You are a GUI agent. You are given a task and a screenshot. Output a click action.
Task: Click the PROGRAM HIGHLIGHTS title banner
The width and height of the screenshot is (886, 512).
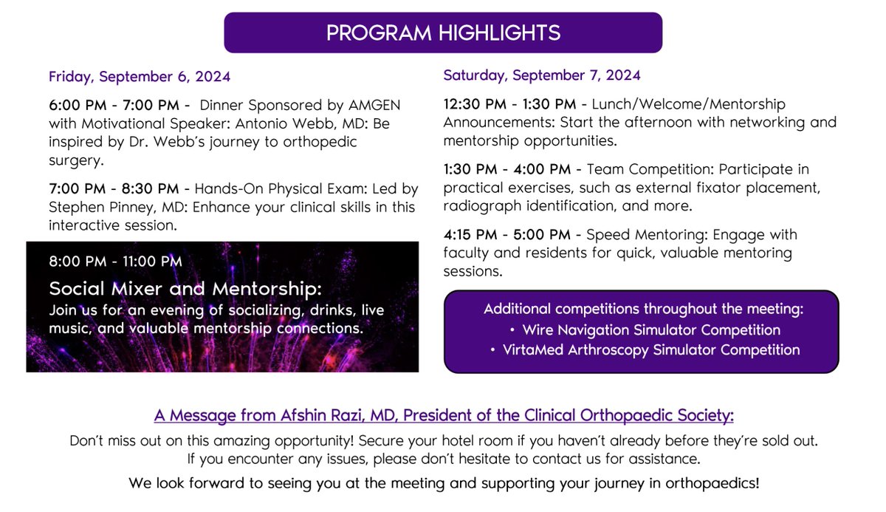[x=443, y=33]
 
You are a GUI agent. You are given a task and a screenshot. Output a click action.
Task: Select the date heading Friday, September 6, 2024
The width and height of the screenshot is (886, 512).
[x=140, y=77]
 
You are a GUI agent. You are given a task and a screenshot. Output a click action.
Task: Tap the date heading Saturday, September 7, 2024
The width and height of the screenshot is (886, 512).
[x=542, y=75]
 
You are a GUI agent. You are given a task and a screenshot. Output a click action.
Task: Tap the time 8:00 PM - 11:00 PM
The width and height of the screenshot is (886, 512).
[x=115, y=261]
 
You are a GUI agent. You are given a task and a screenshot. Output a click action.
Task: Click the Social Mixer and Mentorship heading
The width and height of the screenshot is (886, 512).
[x=185, y=287]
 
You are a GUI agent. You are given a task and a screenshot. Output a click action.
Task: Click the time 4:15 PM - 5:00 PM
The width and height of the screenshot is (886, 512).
[x=506, y=235]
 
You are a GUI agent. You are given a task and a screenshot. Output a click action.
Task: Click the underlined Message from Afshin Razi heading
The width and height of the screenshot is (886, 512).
[x=442, y=416]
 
